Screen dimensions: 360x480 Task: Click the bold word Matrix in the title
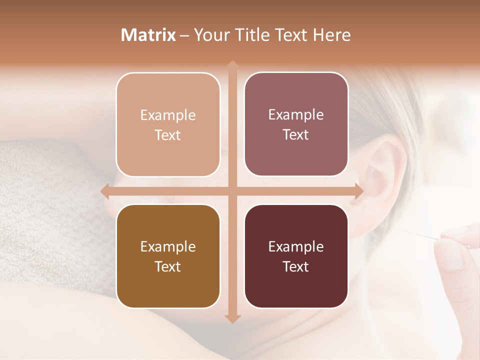pos(149,35)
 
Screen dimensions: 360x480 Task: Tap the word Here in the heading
pos(331,35)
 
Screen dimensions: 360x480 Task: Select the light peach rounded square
pos(168,124)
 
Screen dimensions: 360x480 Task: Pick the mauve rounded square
pos(296,124)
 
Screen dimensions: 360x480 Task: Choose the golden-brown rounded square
pos(168,256)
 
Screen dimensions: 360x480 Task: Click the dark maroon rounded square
pos(296,256)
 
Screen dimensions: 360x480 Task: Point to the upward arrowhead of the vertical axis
pos(232,65)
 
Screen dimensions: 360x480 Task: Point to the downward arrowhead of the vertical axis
pos(232,318)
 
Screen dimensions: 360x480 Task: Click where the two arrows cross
pos(232,191)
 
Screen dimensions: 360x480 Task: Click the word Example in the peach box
pos(168,115)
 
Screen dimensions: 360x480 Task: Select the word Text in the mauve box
pos(296,134)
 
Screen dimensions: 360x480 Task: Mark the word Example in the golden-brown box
pos(168,246)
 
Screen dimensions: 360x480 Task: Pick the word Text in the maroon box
pos(296,266)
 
